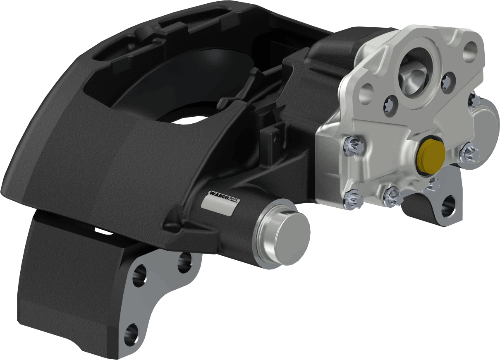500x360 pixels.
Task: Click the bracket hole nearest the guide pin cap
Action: pyautogui.click(x=184, y=262)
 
